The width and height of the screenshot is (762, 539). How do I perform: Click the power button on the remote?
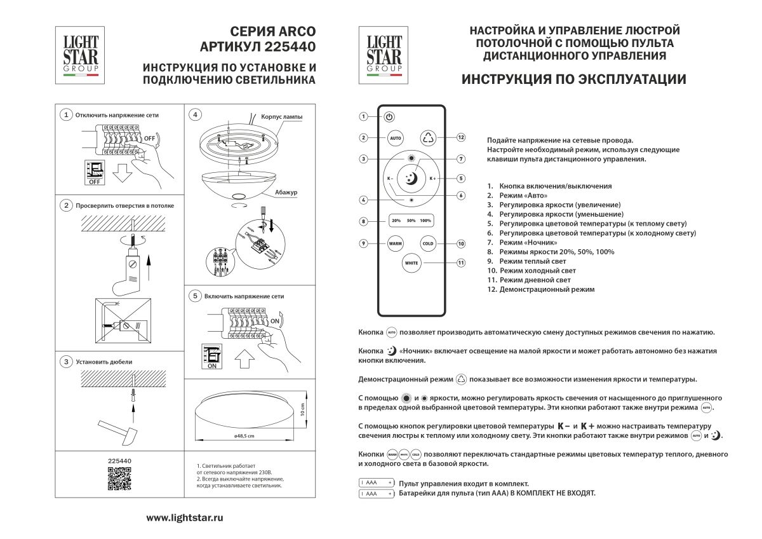(389, 117)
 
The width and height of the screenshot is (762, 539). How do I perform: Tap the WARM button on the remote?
(396, 243)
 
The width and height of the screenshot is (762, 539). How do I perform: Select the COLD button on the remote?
(427, 243)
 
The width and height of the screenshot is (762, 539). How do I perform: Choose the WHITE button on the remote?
(411, 263)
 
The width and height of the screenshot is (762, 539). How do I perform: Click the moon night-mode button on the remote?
(411, 178)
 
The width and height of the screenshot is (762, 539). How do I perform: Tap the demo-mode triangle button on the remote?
(427, 137)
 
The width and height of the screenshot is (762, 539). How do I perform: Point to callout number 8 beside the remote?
(363, 222)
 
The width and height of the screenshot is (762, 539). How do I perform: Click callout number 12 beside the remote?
(461, 137)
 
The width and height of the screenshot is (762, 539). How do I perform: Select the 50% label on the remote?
(411, 221)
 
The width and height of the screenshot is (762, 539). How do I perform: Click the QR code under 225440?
(119, 479)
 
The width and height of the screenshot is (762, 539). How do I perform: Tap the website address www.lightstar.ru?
(185, 518)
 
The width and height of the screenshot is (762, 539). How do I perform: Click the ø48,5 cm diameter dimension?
(244, 436)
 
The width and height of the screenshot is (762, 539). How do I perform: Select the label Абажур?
(287, 192)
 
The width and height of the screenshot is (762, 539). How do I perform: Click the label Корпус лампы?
(282, 118)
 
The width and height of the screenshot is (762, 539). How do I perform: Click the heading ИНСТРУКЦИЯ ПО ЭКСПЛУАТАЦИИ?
(573, 80)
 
